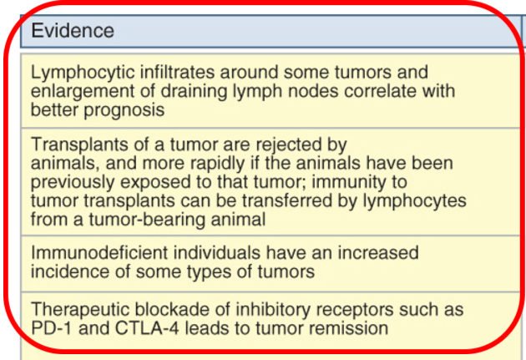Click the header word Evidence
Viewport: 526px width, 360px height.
click(x=73, y=31)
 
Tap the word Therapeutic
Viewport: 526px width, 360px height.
click(x=78, y=310)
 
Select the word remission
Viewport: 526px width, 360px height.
click(x=345, y=328)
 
